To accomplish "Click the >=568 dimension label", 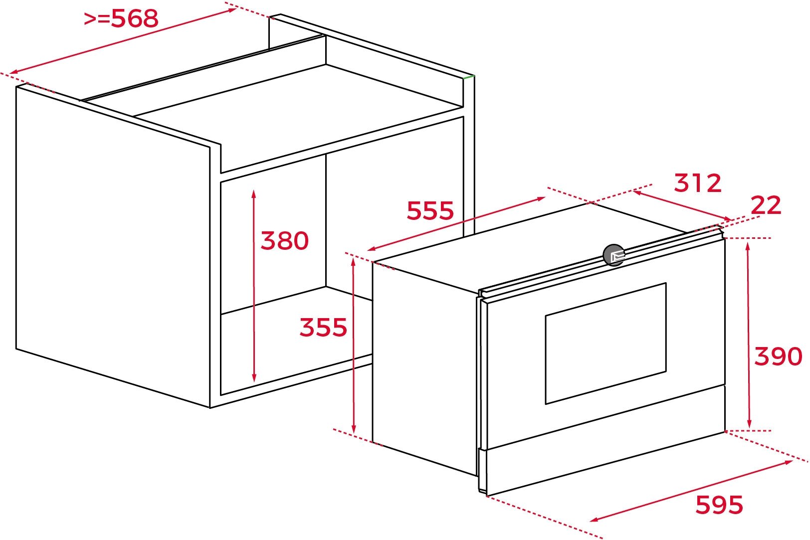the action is pos(121,19).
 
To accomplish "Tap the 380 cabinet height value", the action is pos(285,241).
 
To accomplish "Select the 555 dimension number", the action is pos(430,210).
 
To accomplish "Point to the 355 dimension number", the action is pos(323,328).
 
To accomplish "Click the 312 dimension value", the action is pos(698,183).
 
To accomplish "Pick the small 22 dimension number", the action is pos(766,205).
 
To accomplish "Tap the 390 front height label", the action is pos(778,357).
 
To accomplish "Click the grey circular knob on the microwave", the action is pos(613,255).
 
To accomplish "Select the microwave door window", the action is pos(606,344).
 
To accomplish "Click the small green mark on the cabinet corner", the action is pos(469,77).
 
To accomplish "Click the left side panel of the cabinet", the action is pos(113,248).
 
